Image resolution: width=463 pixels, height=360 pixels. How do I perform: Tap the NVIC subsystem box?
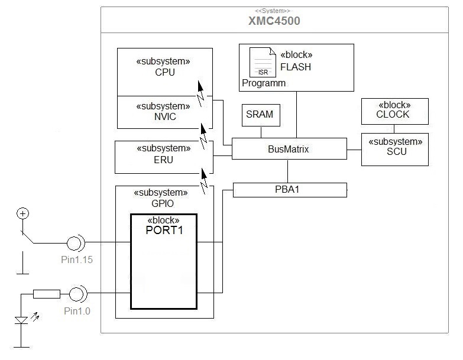pos(164,112)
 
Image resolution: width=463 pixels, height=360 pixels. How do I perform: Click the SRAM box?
pos(261,115)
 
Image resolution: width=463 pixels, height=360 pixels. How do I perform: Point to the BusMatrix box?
pos(289,149)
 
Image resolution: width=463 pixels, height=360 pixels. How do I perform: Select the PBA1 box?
pos(289,190)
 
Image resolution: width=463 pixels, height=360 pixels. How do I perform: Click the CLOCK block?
pos(394,111)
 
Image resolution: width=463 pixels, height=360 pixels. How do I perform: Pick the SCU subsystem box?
pos(394,149)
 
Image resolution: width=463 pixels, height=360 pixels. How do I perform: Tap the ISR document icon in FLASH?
pos(263,62)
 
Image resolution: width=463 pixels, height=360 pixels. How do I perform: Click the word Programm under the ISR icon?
pos(264,83)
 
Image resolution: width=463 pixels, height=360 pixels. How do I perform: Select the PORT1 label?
pos(164,230)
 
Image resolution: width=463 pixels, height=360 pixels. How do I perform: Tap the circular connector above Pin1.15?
pos(75,242)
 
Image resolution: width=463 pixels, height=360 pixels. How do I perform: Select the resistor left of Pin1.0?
pos(46,293)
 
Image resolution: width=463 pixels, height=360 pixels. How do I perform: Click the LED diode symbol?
pos(22,320)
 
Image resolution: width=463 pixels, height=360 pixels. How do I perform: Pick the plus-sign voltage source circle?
pos(22,214)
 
